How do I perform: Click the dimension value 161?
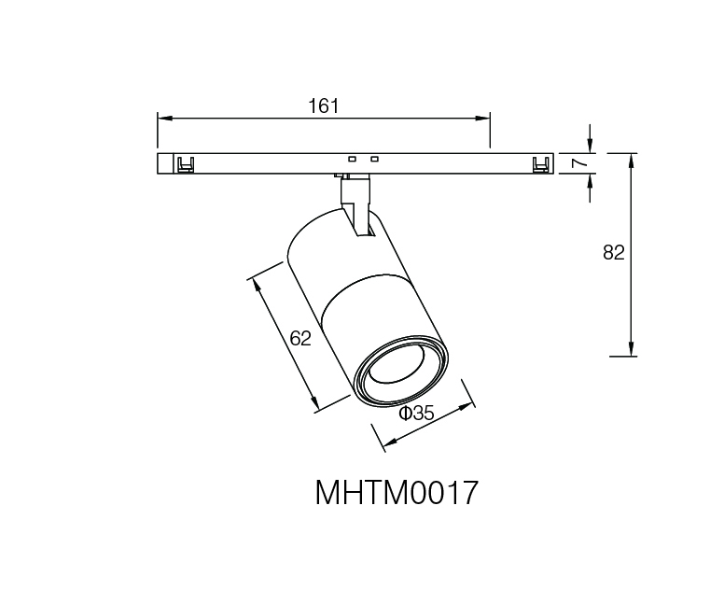click(x=324, y=106)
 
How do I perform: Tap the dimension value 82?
click(x=614, y=252)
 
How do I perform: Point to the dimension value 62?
click(x=300, y=338)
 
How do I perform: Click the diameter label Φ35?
click(x=417, y=413)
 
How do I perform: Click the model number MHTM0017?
click(x=397, y=493)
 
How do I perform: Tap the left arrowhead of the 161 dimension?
click(x=165, y=119)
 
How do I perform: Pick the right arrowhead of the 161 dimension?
click(x=482, y=119)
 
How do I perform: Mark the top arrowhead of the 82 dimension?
click(x=632, y=161)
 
